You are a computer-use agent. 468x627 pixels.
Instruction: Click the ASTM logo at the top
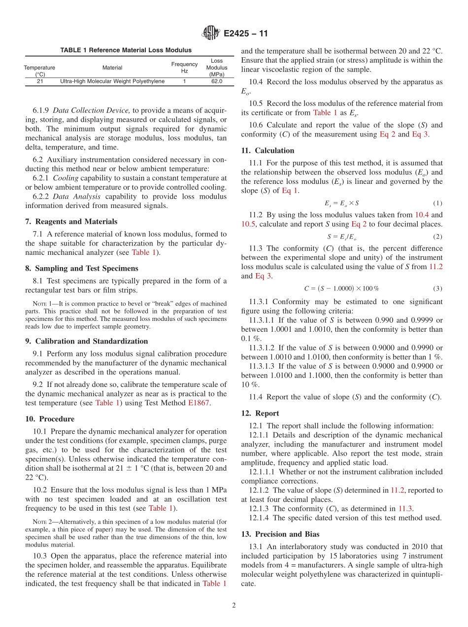click(211, 34)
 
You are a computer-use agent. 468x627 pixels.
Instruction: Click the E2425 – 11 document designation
click(246, 34)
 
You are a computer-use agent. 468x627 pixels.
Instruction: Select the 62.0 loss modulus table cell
click(217, 81)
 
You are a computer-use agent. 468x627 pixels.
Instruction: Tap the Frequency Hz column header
click(184, 68)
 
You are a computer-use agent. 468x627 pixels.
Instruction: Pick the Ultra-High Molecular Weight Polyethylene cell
click(112, 81)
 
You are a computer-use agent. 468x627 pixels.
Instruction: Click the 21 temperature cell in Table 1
click(39, 81)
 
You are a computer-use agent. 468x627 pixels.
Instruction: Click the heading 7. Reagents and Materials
click(71, 221)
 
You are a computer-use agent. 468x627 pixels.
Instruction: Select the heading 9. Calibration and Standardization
click(86, 341)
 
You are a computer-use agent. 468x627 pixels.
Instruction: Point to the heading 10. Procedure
click(50, 419)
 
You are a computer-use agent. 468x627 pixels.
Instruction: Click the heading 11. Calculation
click(267, 150)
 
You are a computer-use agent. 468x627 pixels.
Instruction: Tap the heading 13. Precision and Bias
click(280, 534)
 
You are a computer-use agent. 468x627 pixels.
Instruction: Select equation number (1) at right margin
click(437, 203)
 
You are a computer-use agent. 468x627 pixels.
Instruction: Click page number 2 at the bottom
click(234, 606)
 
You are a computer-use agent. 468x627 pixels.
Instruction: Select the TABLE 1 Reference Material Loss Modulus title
click(126, 50)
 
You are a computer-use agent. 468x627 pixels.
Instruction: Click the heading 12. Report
click(260, 413)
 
